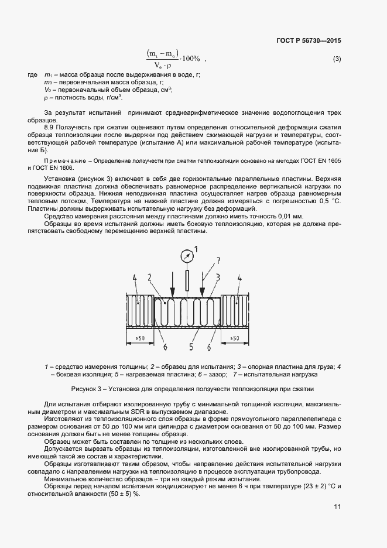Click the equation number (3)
(x=337, y=59)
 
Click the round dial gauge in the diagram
(x=187, y=255)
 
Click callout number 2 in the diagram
(x=150, y=277)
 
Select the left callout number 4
(x=135, y=277)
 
